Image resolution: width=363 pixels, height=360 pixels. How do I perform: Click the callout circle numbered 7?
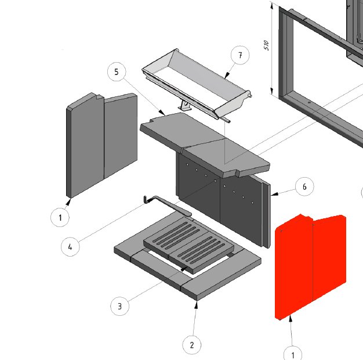pos(240,55)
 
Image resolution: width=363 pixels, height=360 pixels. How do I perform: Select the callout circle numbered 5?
pos(117,72)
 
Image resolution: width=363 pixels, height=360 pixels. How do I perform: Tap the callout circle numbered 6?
pos(304,186)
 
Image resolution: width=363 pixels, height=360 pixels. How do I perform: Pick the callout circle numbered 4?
pos(70,247)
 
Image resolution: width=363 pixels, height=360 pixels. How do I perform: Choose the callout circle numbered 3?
pos(119,306)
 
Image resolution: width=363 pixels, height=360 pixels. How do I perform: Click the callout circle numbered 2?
pos(192,345)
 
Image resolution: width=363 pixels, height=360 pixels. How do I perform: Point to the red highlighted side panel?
pos(310,267)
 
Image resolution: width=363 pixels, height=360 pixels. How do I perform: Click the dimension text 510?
pos(266,45)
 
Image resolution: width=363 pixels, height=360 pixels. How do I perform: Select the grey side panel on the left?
pos(101,145)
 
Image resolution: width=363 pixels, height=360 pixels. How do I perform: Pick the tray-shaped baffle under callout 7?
pos(197,85)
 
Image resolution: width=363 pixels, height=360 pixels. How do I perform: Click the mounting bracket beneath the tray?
pos(184,106)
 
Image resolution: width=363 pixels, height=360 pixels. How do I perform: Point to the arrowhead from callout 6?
pos(274,194)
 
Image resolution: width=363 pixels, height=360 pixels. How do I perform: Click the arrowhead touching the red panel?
pos(291,319)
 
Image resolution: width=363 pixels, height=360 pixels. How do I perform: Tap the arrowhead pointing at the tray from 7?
pos(227,75)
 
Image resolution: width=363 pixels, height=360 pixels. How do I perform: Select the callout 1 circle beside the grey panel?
pos(60,217)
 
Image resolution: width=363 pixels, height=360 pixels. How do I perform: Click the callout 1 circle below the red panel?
pos(293,354)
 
